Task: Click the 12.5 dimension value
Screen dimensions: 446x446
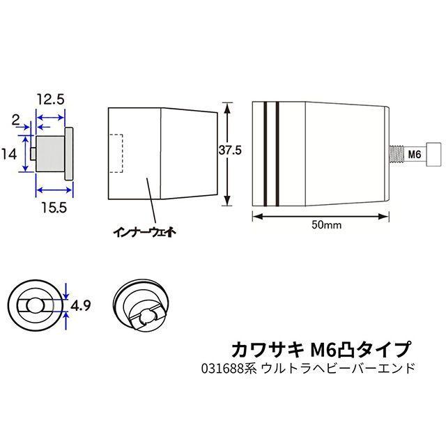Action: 51,100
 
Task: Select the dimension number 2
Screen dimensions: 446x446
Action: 15,121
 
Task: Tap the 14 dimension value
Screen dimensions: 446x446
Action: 9,154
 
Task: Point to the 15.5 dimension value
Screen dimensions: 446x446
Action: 54,208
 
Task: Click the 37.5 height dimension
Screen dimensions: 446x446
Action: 230,150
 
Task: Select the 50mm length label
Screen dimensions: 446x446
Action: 327,225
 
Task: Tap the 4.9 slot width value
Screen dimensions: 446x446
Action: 81,306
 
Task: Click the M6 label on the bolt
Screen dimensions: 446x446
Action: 415,155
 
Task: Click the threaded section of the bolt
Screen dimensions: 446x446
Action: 397,154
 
